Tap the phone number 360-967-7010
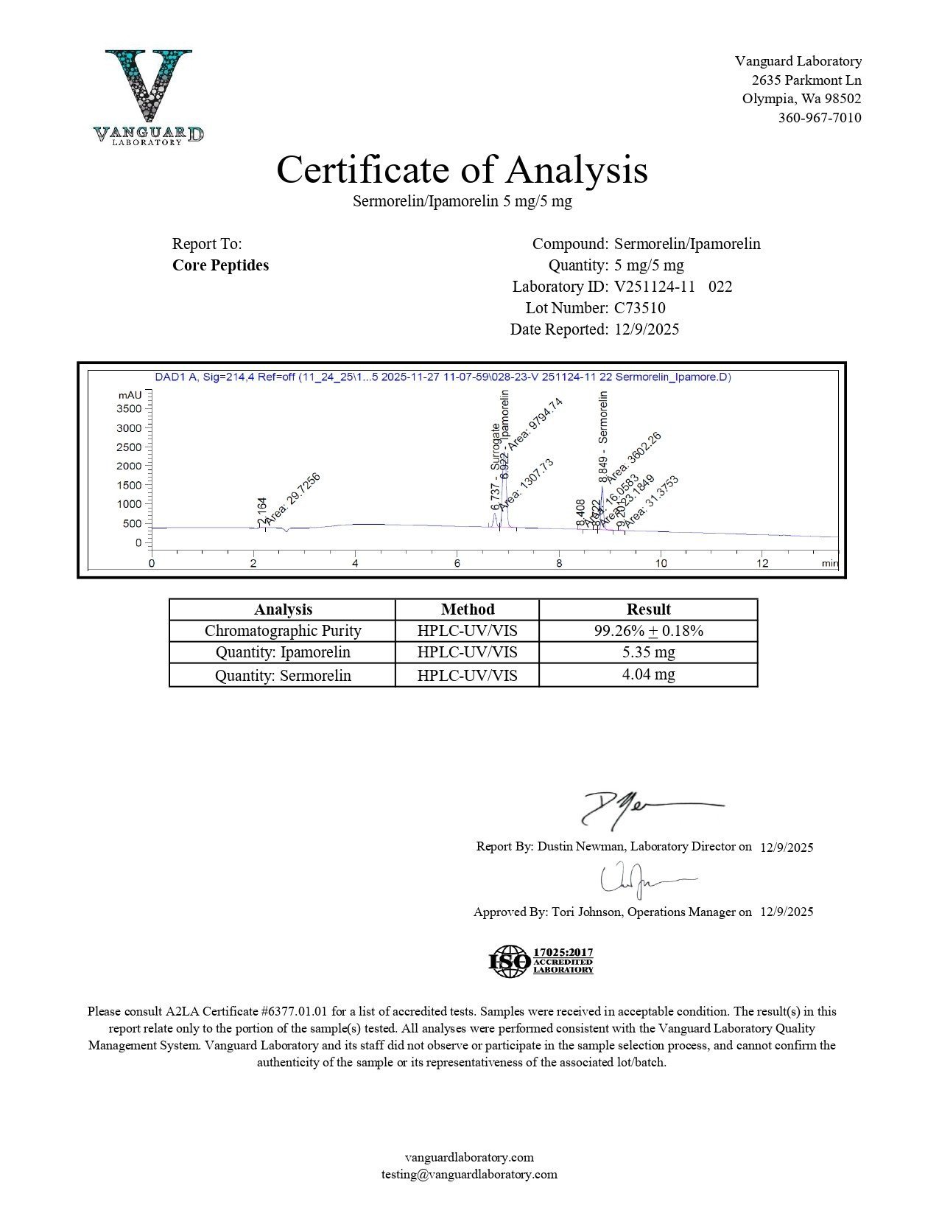tap(820, 118)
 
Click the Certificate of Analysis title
tap(462, 170)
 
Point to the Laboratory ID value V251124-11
tap(655, 287)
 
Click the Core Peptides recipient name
tap(220, 265)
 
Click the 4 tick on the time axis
tap(355, 564)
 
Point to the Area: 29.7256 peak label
tap(292, 499)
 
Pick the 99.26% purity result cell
tap(648, 631)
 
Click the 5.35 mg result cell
tap(648, 652)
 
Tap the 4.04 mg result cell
tap(648, 674)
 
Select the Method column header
tap(467, 609)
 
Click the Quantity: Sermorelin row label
tap(283, 676)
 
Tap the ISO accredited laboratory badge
tap(541, 961)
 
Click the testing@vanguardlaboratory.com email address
tap(469, 1175)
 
